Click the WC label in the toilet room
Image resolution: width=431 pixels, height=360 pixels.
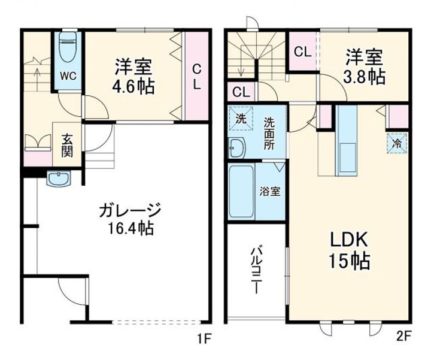tap(68, 76)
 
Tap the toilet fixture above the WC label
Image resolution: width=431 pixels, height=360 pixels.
tap(68, 47)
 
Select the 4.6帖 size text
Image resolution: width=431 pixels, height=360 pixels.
tap(133, 86)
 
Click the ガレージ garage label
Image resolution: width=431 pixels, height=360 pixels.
tap(129, 210)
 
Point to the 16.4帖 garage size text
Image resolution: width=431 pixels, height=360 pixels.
tap(130, 228)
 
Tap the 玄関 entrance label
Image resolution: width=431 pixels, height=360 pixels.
tap(67, 145)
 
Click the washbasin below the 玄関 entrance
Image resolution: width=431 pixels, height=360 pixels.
tap(59, 179)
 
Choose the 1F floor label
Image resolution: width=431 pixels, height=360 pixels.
tap(204, 338)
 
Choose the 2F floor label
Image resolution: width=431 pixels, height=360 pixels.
tap(403, 337)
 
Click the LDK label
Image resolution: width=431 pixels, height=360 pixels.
tap(349, 240)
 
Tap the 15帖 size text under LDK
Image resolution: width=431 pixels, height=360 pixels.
tap(349, 261)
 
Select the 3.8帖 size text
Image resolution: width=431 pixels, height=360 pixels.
tap(364, 77)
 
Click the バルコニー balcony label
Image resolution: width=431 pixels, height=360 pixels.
tap(256, 270)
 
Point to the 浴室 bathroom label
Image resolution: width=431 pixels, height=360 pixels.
tap(270, 192)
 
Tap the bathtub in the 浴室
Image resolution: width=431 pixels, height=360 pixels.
tap(241, 192)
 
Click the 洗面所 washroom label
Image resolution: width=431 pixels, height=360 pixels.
tap(269, 134)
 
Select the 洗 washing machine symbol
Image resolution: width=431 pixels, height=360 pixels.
tap(241, 118)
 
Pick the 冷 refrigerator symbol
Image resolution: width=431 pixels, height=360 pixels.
tap(397, 143)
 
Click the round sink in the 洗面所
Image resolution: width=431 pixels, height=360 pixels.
tap(237, 148)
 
